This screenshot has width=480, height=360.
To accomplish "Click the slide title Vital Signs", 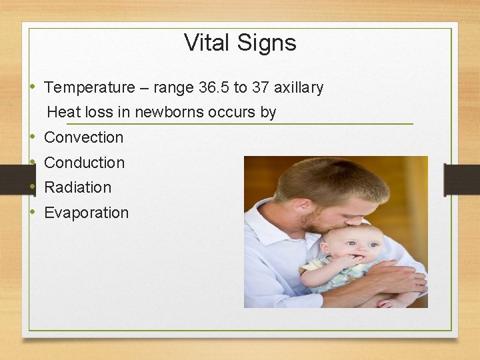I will coord(240,43).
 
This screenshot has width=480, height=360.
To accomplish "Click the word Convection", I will coord(83,137).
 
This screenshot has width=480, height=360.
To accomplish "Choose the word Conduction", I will coord(84,163).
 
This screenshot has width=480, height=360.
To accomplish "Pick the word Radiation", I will coord(77,187).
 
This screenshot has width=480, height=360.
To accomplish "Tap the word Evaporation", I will coord(86,213).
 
